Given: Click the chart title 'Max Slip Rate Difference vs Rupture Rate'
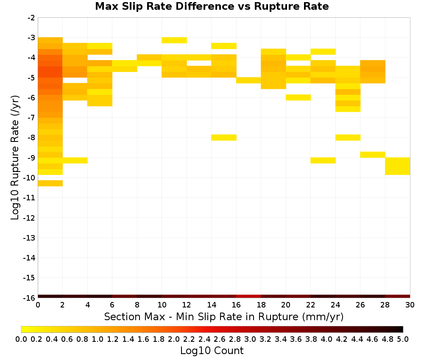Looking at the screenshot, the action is point(212,6).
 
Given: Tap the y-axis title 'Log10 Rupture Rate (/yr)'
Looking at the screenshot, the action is point(15,158).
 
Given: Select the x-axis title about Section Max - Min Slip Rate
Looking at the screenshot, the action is point(223,316).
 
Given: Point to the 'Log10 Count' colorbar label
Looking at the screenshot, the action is point(212,351).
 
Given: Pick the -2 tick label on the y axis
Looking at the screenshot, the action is point(31,18).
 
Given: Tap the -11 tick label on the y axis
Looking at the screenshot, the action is point(29,198).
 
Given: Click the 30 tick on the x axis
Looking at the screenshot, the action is point(410,305).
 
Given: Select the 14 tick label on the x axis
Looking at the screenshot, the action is point(212,305).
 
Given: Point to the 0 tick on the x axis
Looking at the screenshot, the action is point(38,305).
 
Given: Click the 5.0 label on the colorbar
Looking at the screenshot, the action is point(403,339).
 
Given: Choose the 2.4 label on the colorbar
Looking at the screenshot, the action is point(204,339).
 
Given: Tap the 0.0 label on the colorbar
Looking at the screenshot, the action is point(21,339).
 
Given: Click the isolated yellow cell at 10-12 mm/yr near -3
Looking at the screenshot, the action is point(174,40).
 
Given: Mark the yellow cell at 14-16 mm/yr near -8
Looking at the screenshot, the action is point(224,138).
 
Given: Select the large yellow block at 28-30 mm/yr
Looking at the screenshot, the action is point(398,166).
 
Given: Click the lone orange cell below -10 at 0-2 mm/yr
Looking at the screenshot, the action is point(50,183).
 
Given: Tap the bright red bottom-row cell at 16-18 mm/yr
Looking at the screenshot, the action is point(249,296).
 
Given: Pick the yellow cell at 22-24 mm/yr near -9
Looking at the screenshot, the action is point(323,161).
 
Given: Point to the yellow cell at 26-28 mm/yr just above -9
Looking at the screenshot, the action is point(373,155).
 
